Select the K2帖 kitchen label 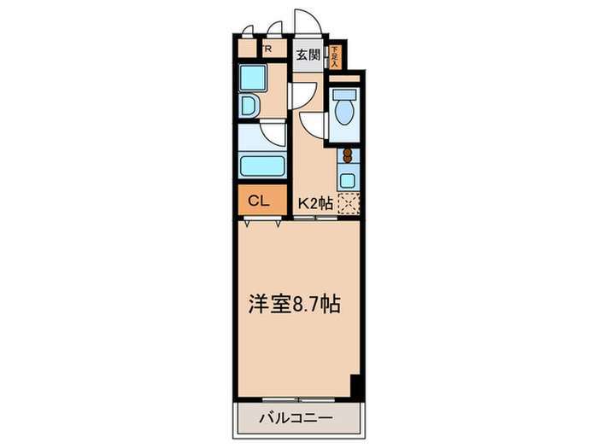coord(315,203)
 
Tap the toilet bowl coord(346,115)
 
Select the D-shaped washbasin coord(251,108)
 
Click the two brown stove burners coord(348,156)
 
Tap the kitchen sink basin coord(348,180)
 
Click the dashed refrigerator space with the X coord(348,203)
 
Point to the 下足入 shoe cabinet coord(335,56)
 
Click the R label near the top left coord(268,49)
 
